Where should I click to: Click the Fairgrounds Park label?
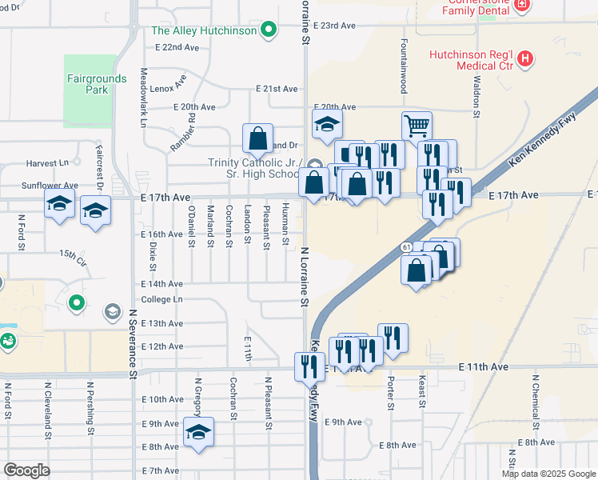tap(87, 84)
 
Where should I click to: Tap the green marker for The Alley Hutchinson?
tap(269, 31)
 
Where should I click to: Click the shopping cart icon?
tap(417, 125)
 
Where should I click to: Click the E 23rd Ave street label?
tap(334, 26)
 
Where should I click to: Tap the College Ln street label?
tap(162, 299)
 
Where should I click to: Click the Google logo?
tap(26, 470)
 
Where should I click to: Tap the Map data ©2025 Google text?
tap(548, 474)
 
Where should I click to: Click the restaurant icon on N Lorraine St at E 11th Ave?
tap(309, 366)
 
